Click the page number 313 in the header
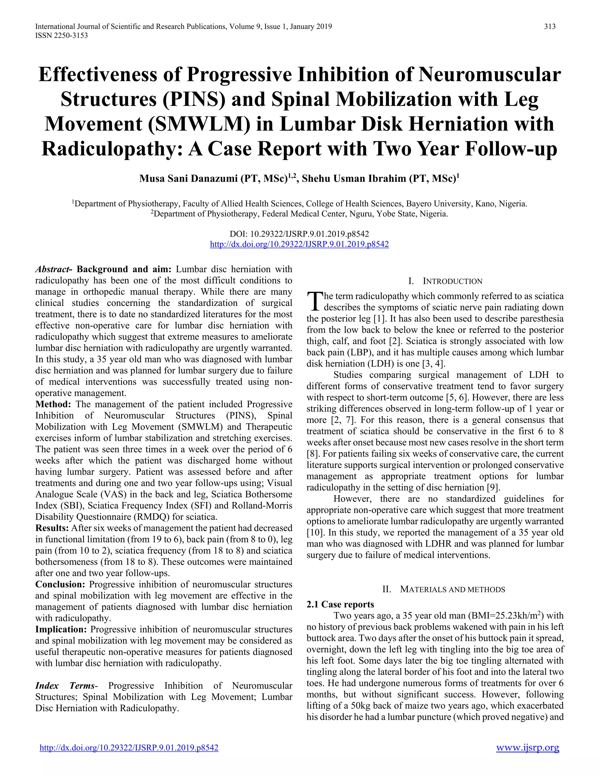click(x=550, y=27)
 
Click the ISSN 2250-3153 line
click(x=61, y=35)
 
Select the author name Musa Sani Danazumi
click(x=189, y=178)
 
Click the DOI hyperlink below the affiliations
click(x=299, y=244)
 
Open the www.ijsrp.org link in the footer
click(x=527, y=748)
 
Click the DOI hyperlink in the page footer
click(x=129, y=748)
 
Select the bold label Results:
click(x=52, y=528)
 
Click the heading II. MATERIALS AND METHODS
click(x=444, y=589)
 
